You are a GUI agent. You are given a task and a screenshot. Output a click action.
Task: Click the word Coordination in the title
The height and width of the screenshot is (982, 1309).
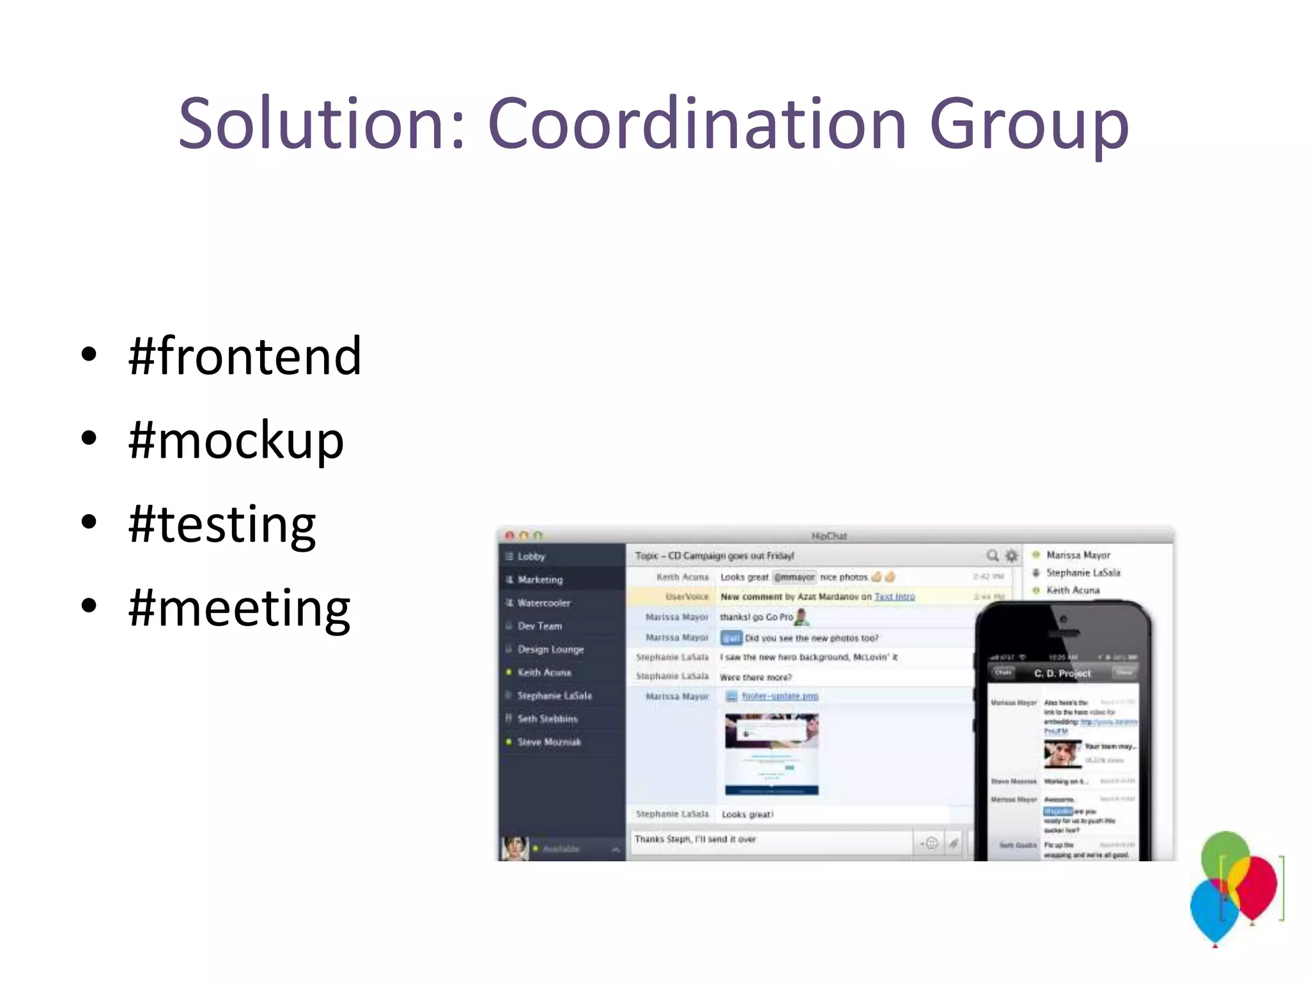pyautogui.click(x=697, y=123)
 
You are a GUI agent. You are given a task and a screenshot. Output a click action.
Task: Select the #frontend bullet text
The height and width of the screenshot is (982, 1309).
pyautogui.click(x=245, y=356)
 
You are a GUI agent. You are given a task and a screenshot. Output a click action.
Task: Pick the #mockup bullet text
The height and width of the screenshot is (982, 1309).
pyautogui.click(x=236, y=441)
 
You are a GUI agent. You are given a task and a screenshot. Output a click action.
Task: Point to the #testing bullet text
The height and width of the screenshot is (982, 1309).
pyautogui.click(x=222, y=525)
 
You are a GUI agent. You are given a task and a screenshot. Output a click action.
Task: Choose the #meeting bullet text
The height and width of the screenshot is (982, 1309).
pyautogui.click(x=239, y=609)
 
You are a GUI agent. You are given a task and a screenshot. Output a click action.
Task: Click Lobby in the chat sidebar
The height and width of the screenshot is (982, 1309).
pyautogui.click(x=531, y=556)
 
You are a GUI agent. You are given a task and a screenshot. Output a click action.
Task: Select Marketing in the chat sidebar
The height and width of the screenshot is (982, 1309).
pyautogui.click(x=540, y=580)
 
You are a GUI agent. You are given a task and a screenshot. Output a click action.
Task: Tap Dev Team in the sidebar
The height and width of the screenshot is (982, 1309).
pyautogui.click(x=540, y=626)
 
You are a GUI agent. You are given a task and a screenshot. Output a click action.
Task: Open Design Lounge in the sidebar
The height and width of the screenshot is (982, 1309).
pyautogui.click(x=550, y=649)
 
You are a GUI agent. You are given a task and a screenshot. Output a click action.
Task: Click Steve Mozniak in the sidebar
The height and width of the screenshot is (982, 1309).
pyautogui.click(x=549, y=742)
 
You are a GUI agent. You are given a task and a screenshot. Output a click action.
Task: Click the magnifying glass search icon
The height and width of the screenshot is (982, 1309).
pyautogui.click(x=992, y=556)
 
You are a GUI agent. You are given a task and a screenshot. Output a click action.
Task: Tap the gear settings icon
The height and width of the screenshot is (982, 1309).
pyautogui.click(x=1011, y=556)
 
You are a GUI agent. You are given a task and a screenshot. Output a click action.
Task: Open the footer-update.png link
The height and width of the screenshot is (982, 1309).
pyautogui.click(x=780, y=696)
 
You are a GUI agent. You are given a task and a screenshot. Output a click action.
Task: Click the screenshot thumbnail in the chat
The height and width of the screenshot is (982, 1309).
pyautogui.click(x=771, y=754)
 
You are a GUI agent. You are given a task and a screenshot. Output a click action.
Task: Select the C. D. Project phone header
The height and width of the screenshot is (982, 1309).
pyautogui.click(x=1062, y=673)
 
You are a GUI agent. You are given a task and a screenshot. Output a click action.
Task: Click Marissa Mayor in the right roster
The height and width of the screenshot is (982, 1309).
pyautogui.click(x=1078, y=555)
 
